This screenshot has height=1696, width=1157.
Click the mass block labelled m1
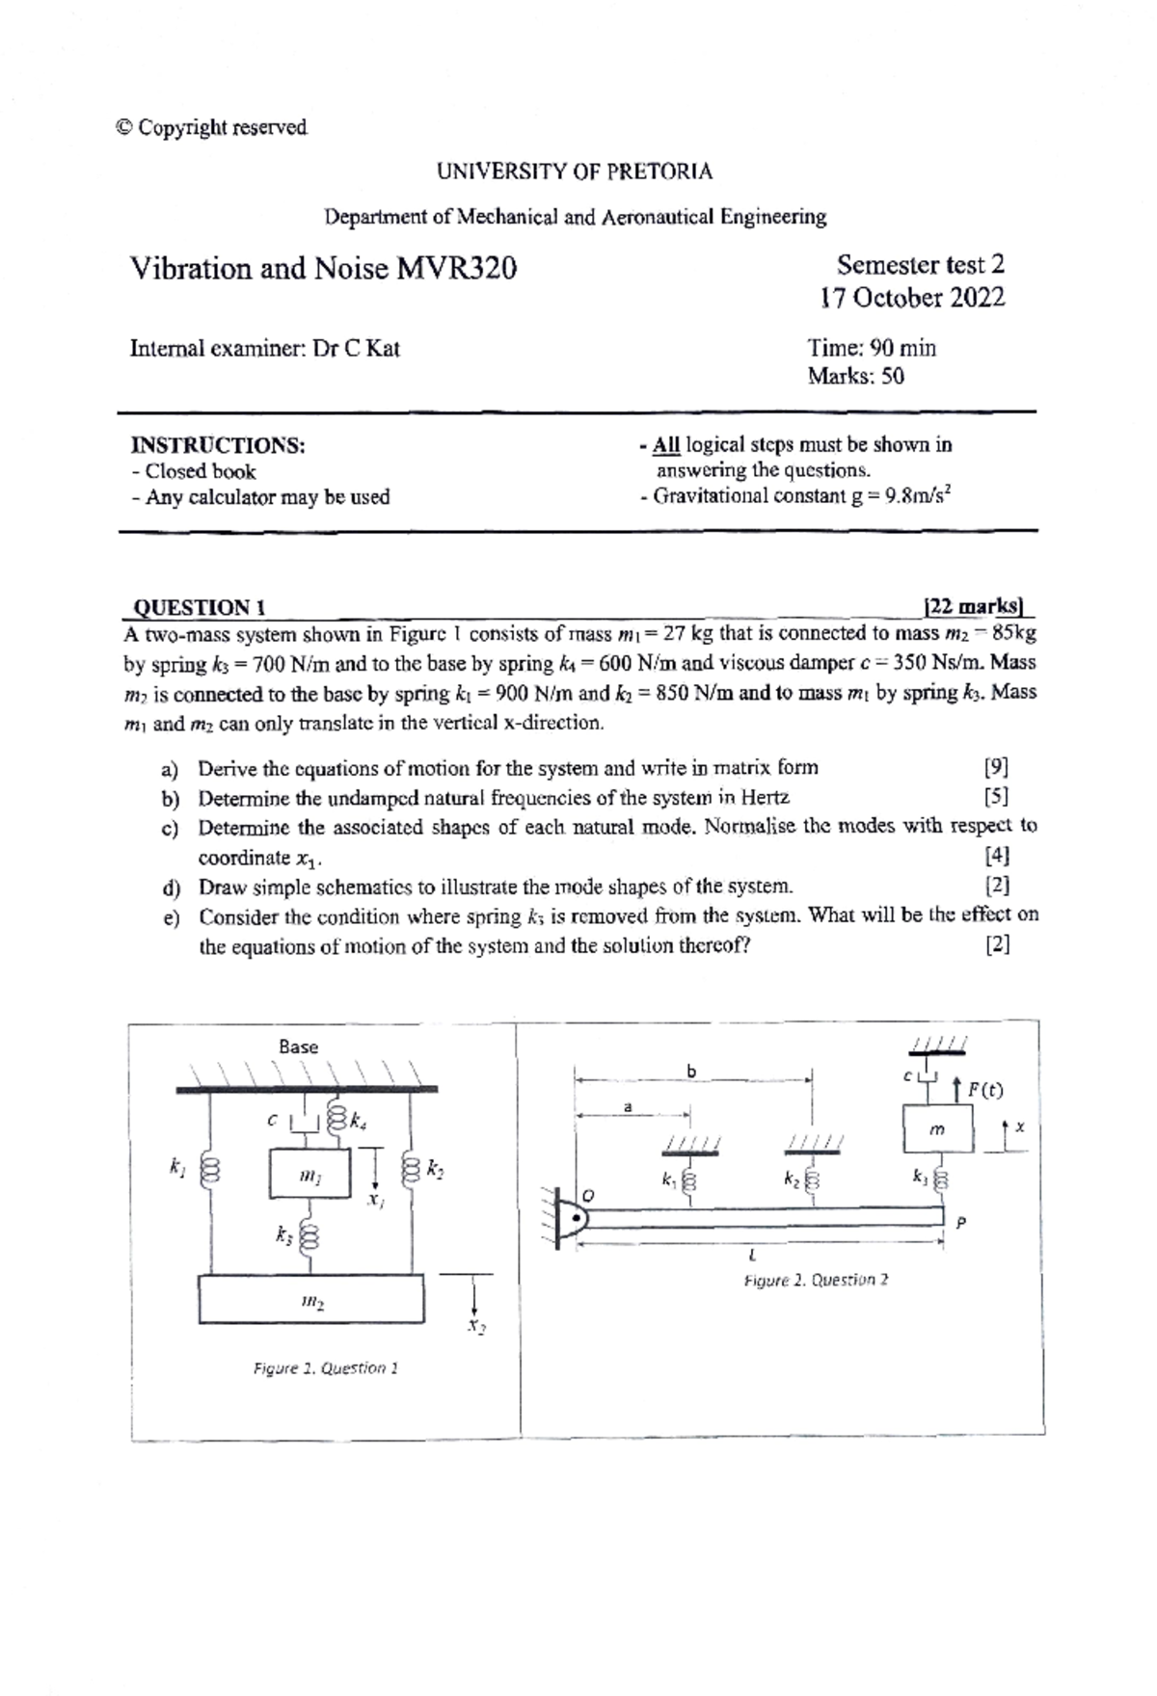click(309, 1174)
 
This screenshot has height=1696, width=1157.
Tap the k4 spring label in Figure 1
click(358, 1121)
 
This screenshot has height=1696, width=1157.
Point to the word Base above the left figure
click(298, 1047)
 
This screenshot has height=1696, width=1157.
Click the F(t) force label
click(984, 1090)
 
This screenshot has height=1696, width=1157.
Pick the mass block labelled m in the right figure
click(937, 1129)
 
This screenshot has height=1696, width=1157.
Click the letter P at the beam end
click(960, 1223)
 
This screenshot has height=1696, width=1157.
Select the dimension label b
click(690, 1071)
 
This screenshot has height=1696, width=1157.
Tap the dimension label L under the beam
click(752, 1256)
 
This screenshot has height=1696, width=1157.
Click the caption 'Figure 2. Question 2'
click(816, 1280)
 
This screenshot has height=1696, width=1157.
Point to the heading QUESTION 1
click(199, 607)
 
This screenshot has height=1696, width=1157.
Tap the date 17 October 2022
click(912, 298)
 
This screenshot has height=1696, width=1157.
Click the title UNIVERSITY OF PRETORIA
click(575, 172)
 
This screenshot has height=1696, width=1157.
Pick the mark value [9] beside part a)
click(996, 768)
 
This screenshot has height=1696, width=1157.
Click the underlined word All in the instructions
click(666, 445)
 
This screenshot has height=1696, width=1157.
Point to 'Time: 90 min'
click(872, 348)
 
